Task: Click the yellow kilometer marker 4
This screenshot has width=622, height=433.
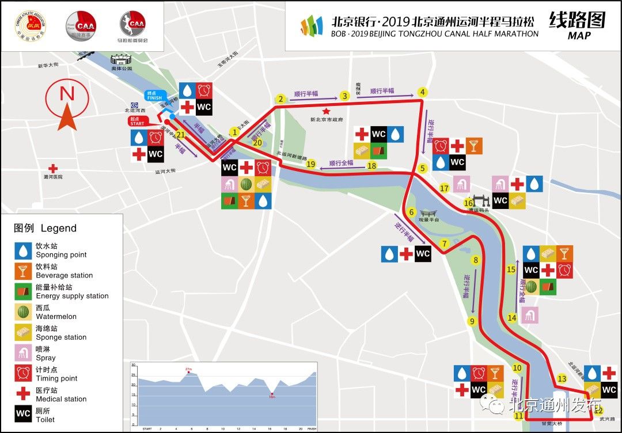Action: (x=422, y=92)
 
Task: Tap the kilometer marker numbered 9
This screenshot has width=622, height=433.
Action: (x=472, y=321)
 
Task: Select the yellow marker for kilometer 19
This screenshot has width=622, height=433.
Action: (x=311, y=164)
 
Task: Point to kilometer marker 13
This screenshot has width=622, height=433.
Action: (x=562, y=378)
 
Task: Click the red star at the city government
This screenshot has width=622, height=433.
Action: (x=326, y=111)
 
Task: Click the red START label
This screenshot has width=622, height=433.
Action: (x=137, y=121)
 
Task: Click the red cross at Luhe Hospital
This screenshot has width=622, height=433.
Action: (x=53, y=169)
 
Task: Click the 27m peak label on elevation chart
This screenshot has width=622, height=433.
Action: (x=188, y=369)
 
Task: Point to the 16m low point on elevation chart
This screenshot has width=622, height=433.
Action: (x=272, y=396)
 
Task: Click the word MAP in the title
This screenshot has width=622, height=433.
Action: (x=579, y=36)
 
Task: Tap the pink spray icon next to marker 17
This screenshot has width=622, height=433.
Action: (x=461, y=184)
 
